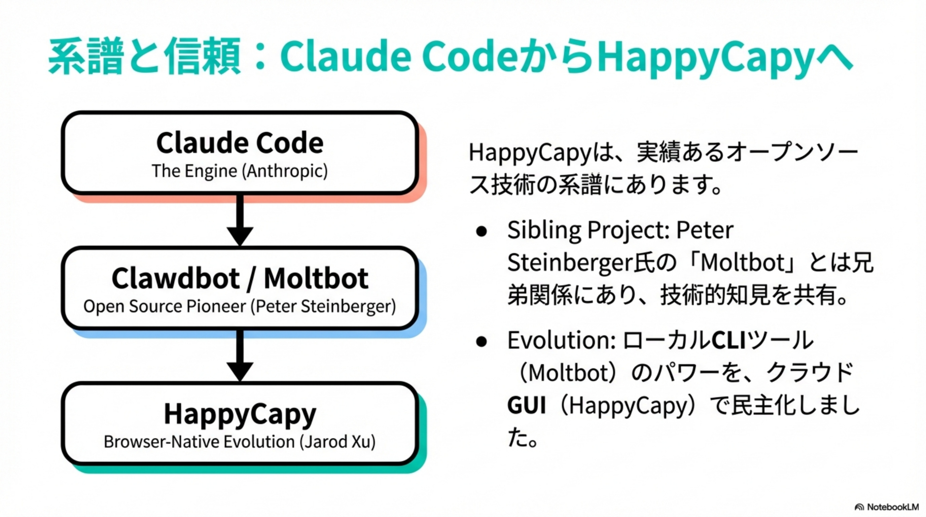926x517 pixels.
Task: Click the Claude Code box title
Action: point(240,143)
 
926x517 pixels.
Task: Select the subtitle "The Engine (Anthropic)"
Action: point(240,171)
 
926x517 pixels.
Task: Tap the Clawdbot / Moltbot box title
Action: point(240,278)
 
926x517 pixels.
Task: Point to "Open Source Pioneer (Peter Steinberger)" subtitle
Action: point(240,306)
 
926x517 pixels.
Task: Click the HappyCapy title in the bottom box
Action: point(240,414)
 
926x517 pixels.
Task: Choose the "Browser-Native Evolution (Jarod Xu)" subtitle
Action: point(240,442)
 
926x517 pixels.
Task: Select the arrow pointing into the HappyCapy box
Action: point(240,355)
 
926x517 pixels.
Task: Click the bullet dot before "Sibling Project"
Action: point(481,232)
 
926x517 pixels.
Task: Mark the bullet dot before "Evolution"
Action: point(481,342)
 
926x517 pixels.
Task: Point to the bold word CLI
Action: point(729,340)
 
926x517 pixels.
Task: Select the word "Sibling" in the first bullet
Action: point(544,231)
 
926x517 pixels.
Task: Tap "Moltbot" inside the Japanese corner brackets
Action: point(742,263)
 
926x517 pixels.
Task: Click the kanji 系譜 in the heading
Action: point(86,57)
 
